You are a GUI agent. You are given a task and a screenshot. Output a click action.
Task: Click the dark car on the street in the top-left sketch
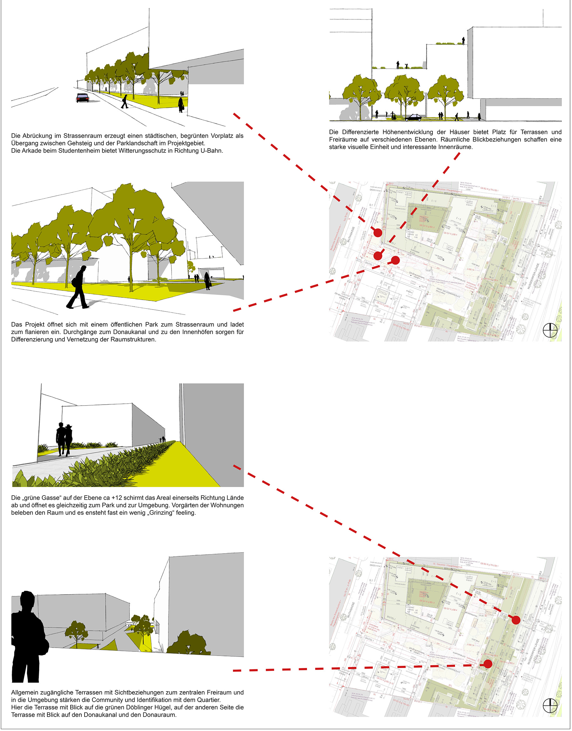tap(82, 98)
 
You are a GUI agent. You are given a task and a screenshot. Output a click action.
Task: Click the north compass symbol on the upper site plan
tap(549, 330)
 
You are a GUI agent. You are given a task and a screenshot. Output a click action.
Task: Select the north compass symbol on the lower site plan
tap(549, 705)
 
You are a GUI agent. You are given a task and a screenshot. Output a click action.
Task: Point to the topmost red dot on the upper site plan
tap(378, 233)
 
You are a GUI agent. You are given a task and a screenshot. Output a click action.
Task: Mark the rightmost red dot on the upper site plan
tap(396, 260)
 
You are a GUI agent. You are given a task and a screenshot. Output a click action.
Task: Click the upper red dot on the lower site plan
tap(516, 620)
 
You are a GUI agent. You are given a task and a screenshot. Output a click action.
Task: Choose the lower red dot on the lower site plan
tap(488, 664)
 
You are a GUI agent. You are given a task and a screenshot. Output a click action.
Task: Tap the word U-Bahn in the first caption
tap(211, 151)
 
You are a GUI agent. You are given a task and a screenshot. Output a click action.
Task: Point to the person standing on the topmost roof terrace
tap(464, 41)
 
